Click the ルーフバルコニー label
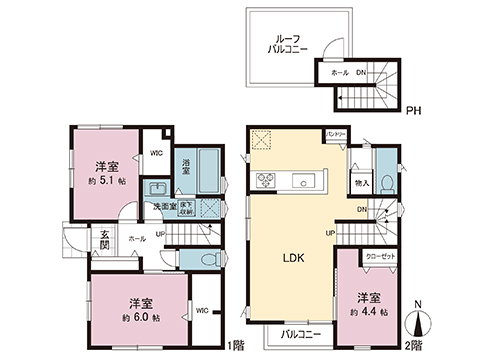pos(287,42)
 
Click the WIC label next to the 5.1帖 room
pos(156,153)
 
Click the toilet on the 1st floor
pos(202,258)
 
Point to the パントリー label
pos(336,134)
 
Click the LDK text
pos(291,257)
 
